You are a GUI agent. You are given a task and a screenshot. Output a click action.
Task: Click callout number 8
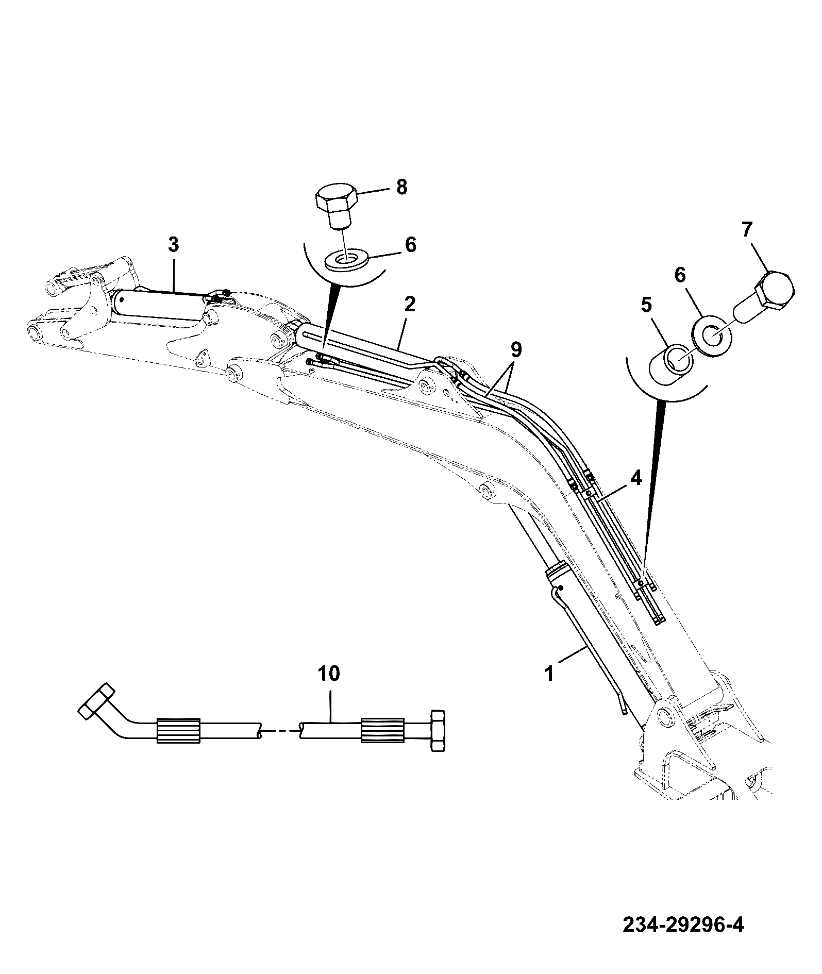[401, 187]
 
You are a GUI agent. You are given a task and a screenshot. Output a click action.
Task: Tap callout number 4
[636, 478]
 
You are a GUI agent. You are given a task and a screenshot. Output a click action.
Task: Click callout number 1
[549, 674]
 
